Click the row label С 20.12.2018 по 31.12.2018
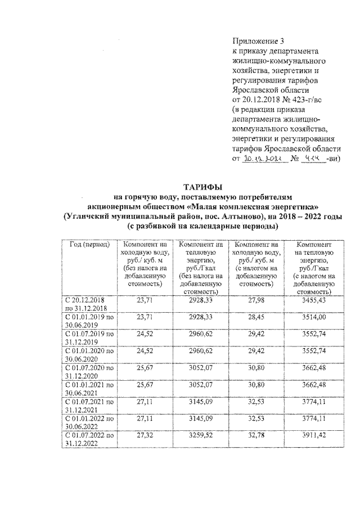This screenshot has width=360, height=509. [88, 304]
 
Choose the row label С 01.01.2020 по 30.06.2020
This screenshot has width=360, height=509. [88, 355]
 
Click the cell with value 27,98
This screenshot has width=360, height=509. [255, 301]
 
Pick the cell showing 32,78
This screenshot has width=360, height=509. [255, 435]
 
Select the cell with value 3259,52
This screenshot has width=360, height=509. [200, 435]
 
